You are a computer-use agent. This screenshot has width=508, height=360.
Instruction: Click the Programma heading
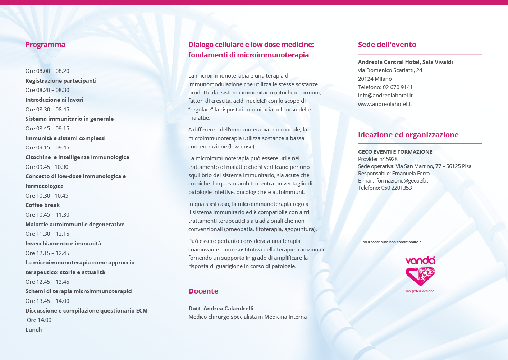[45, 45]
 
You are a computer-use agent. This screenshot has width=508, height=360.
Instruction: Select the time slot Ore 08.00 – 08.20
[47, 71]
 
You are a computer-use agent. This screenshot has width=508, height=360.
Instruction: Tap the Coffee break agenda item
[42, 205]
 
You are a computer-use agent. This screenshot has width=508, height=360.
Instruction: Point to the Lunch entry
[33, 330]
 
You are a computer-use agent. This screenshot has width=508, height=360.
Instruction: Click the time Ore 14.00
[39, 320]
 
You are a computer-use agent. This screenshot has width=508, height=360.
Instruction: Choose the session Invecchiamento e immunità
[63, 244]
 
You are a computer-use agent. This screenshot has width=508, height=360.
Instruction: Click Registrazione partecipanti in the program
[61, 81]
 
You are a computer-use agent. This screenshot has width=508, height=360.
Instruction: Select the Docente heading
[203, 291]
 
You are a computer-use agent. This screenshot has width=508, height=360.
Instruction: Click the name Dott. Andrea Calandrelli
[221, 308]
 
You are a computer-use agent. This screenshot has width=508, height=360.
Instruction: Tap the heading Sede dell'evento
[387, 45]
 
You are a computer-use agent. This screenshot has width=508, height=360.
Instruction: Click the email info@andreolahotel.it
[385, 96]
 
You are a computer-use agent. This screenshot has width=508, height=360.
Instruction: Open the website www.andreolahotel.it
[385, 104]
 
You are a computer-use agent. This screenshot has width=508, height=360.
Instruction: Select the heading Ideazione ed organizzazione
[408, 135]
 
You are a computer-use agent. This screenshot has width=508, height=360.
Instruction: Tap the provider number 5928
[392, 159]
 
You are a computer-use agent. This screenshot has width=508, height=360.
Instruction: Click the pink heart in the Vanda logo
[420, 276]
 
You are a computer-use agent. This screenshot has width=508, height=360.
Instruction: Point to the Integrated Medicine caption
[420, 291]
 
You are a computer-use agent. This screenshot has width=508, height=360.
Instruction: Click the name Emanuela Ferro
[411, 174]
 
